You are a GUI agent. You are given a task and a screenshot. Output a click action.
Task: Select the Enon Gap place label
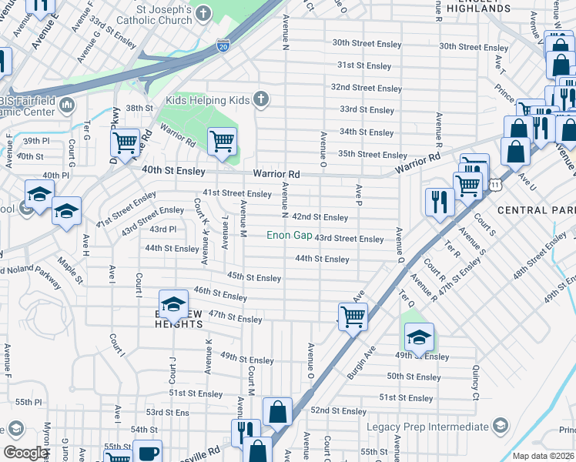290,235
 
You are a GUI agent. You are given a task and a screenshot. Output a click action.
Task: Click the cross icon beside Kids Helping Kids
261,99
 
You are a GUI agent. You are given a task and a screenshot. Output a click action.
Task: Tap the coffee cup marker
146,453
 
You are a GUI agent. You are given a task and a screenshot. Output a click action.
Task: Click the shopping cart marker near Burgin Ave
353,316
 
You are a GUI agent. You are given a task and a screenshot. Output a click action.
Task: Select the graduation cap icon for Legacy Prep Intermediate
501,426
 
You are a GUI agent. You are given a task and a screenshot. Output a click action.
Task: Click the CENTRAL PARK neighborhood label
536,209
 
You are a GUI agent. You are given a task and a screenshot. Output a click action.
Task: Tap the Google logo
25,453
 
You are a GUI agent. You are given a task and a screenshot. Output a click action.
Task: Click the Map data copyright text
543,456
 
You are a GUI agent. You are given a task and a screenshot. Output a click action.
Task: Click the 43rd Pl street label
162,229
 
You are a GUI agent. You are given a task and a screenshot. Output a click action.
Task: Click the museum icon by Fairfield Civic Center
66,104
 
